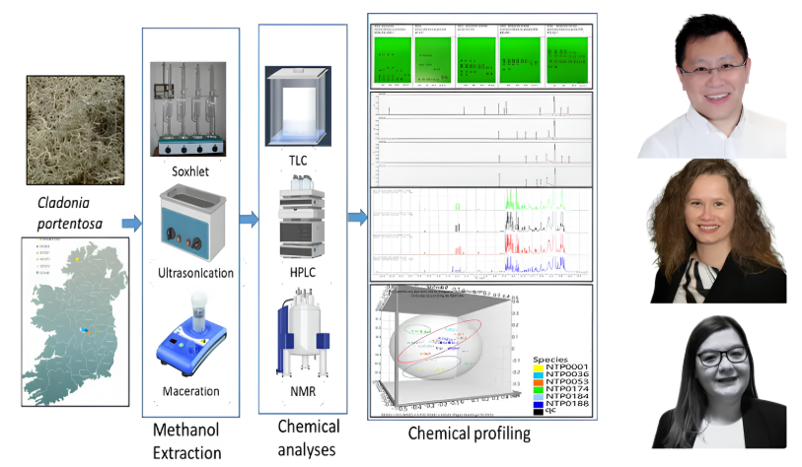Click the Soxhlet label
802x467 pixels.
click(x=191, y=171)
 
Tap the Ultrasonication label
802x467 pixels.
click(x=194, y=272)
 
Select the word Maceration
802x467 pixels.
click(x=191, y=392)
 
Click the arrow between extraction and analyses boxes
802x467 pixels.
click(x=249, y=219)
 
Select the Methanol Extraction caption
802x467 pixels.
click(x=187, y=440)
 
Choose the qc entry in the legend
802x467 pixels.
click(x=551, y=411)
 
